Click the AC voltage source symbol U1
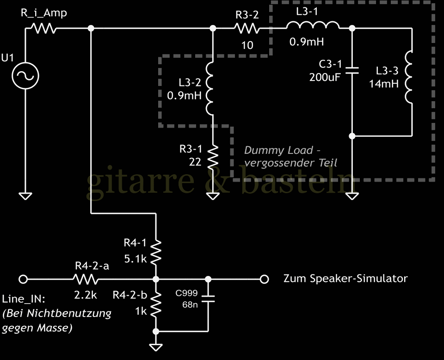[x=25, y=76]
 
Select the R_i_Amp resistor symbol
[x=43, y=29]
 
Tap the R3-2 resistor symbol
[x=247, y=29]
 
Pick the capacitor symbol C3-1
[x=352, y=70]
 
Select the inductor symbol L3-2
[x=210, y=88]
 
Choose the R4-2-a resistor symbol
[x=85, y=279]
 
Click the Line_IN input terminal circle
[x=24, y=279]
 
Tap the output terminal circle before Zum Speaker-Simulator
[x=264, y=279]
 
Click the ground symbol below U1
[x=25, y=196]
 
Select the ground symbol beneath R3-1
[x=213, y=196]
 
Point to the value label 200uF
[x=325, y=77]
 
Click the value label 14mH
[x=383, y=84]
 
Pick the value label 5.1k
[x=135, y=259]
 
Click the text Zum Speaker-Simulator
[x=345, y=278]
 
